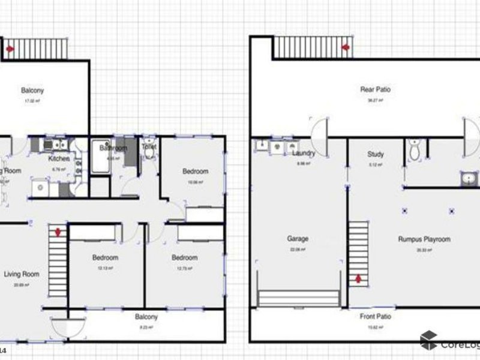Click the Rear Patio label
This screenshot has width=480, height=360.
point(376,90)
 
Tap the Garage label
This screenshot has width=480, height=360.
point(298,238)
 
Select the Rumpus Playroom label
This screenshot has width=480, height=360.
point(424,239)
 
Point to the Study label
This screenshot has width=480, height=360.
point(376,154)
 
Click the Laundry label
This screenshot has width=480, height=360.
point(304,154)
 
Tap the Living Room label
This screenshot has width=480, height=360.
point(22,274)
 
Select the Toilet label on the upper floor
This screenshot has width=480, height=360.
point(149,146)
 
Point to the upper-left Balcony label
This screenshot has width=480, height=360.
point(32,91)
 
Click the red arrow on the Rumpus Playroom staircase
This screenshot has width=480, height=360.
point(358,278)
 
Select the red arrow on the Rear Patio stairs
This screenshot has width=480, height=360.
point(346,47)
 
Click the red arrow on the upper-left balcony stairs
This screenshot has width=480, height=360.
point(10,49)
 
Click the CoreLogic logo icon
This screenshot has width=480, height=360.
point(428,341)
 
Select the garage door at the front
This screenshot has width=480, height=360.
point(298,299)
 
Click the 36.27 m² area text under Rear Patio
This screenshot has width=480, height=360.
point(376,100)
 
